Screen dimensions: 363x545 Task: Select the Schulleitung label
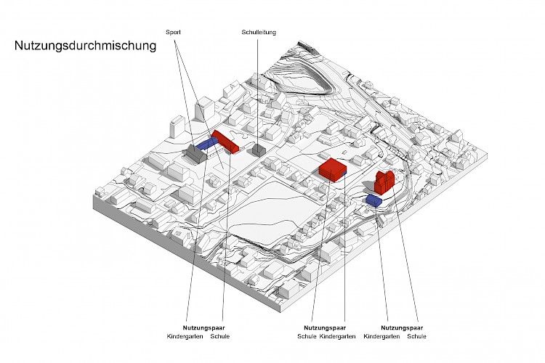259,32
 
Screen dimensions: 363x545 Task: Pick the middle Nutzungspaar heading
326,328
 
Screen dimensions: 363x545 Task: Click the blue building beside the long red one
206,144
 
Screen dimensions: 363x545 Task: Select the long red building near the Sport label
226,142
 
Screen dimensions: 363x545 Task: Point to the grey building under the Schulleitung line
258,150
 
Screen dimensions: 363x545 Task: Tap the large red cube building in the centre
333,169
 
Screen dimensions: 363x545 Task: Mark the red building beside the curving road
384,181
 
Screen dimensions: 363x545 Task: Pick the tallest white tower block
203,111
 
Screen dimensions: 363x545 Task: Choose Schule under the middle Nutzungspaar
307,337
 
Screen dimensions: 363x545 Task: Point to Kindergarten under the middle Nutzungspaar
338,337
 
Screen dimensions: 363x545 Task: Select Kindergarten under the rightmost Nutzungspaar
381,337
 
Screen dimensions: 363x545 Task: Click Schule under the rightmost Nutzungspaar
417,337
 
